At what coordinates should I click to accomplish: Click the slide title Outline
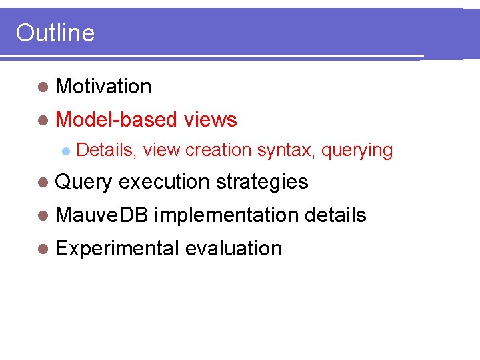(x=55, y=33)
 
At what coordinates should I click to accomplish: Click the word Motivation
(x=104, y=86)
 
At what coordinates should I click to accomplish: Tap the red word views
(x=210, y=119)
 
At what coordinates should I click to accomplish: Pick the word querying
(x=357, y=151)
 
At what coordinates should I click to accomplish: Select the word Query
(x=85, y=182)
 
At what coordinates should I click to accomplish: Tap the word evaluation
(x=234, y=248)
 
